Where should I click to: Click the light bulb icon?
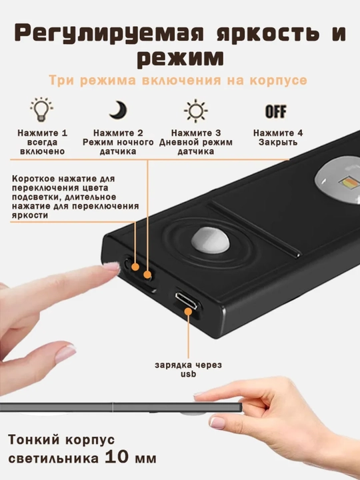click(41, 109)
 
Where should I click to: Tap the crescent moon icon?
click(118, 110)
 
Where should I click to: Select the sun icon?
click(195, 111)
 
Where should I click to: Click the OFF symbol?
click(276, 111)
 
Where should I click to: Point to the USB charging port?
click(187, 301)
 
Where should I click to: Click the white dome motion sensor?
click(210, 240)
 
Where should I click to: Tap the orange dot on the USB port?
click(188, 311)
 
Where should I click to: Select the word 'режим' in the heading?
click(180, 58)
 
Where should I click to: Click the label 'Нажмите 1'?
click(42, 133)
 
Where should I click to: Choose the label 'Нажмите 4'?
click(278, 133)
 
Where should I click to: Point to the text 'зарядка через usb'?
click(188, 369)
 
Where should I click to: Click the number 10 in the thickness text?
click(116, 457)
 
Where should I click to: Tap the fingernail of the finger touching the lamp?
click(111, 266)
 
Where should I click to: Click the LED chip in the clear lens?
click(350, 183)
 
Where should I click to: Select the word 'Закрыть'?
click(278, 143)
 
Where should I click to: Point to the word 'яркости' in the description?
click(30, 215)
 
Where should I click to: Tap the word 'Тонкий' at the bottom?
click(34, 440)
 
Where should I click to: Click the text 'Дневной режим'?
click(195, 143)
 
